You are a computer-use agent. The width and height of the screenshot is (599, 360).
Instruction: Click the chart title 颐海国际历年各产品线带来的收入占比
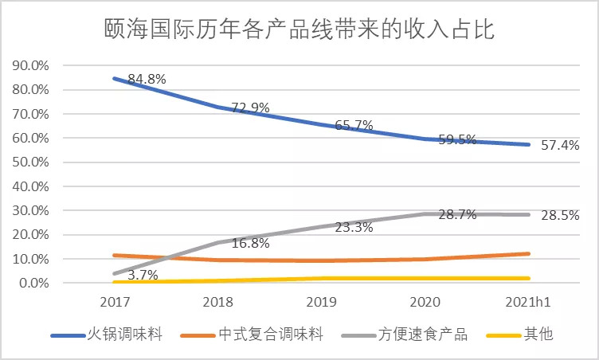click(299, 30)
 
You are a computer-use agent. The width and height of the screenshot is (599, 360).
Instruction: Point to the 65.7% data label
click(352, 125)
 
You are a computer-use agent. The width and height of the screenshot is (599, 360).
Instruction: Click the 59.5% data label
click(456, 140)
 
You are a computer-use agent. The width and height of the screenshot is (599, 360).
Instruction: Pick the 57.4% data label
click(558, 146)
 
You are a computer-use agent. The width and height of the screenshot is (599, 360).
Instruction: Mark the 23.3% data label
click(352, 227)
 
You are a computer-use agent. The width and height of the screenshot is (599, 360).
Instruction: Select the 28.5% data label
click(558, 215)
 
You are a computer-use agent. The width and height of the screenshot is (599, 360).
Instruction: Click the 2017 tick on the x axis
click(115, 303)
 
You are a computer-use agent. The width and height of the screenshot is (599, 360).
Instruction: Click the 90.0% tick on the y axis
click(30, 65)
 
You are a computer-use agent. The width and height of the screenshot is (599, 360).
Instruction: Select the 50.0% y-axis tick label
click(30, 162)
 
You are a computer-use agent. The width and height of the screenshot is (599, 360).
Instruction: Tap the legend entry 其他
click(539, 335)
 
